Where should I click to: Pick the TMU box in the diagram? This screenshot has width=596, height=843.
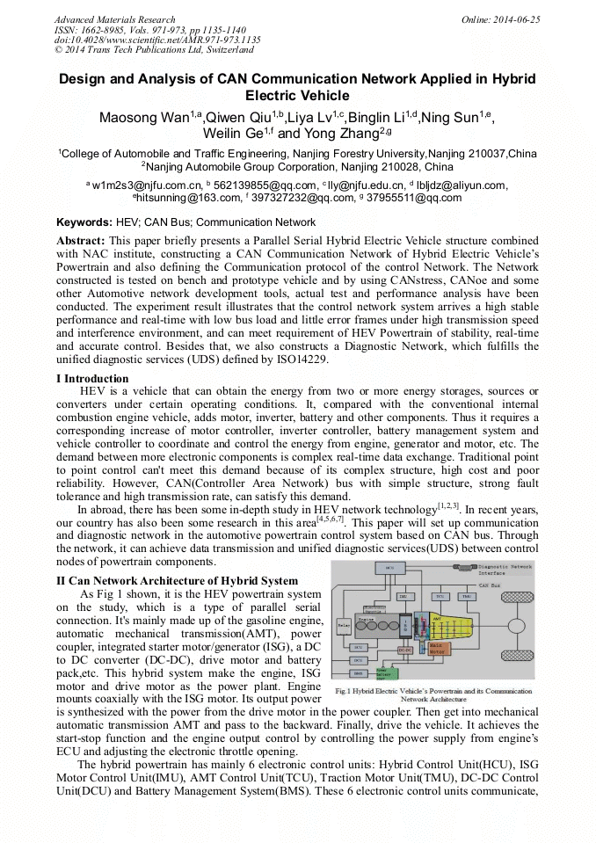click(x=466, y=596)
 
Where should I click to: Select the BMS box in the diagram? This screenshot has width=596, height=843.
click(x=359, y=673)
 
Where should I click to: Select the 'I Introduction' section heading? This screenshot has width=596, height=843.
click(x=92, y=379)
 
